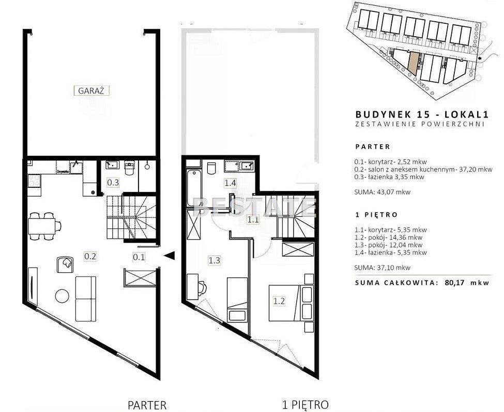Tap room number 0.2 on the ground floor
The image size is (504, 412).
tap(90, 257)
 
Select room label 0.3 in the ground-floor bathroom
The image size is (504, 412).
tap(113, 183)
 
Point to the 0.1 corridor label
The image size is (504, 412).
tap(139, 257)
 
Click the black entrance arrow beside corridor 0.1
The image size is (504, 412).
tap(169, 255)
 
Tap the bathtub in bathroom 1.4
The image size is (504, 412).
tap(194, 188)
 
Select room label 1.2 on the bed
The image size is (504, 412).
tap(279, 301)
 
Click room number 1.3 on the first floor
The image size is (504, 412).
tap(214, 260)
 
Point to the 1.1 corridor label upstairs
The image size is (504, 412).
tap(253, 220)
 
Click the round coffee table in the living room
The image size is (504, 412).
tap(62, 296)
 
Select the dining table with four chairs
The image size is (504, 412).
tap(44, 226)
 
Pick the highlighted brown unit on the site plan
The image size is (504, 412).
tap(414, 63)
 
